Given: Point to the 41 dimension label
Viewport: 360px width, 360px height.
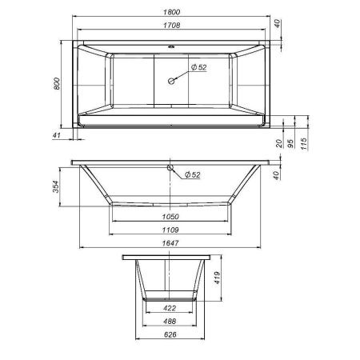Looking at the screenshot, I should [57, 137].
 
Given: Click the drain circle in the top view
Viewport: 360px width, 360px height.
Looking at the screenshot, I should [170, 80].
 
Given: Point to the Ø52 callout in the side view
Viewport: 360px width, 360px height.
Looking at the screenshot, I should [192, 175].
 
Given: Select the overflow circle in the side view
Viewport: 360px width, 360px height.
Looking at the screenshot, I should [170, 168].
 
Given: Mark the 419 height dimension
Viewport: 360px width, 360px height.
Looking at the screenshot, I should [217, 279].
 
